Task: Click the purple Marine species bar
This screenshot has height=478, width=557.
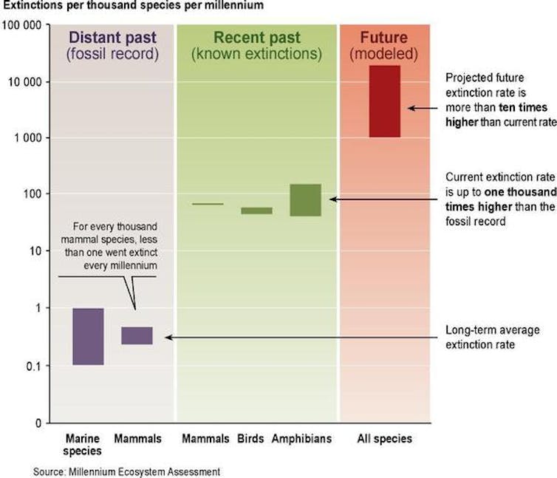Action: [88, 337]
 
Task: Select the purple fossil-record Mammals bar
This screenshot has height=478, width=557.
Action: [137, 335]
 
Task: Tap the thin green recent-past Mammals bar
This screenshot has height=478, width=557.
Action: [208, 204]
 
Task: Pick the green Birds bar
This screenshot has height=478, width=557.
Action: [257, 211]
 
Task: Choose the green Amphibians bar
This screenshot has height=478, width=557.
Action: [306, 200]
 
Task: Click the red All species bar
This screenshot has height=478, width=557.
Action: [385, 101]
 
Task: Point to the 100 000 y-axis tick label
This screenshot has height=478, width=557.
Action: [21, 26]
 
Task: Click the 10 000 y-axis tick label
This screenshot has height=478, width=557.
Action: [25, 82]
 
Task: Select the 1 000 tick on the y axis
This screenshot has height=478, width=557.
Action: [28, 138]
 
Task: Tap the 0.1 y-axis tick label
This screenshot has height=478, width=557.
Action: [35, 366]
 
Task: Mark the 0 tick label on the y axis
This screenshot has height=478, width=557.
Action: [38, 423]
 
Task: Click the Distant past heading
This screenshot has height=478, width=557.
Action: [112, 38]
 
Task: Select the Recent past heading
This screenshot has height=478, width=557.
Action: [257, 38]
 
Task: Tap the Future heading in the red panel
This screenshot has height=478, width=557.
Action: [384, 38]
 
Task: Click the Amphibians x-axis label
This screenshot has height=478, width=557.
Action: [301, 439]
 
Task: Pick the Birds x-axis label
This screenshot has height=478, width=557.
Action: [250, 439]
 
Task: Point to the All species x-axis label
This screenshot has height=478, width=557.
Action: [385, 439]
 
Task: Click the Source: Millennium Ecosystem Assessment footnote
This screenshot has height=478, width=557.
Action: [126, 471]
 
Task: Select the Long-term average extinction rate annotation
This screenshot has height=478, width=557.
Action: [493, 338]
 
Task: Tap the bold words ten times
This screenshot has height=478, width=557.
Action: [523, 107]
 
